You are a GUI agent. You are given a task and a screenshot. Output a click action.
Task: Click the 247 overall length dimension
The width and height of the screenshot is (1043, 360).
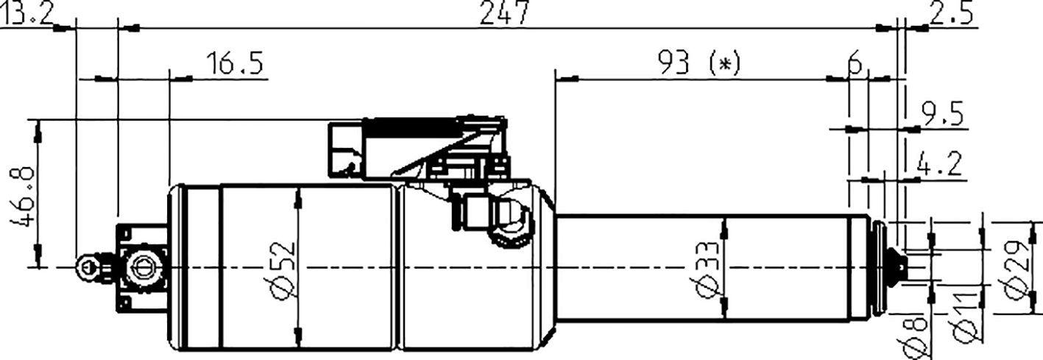click(x=505, y=13)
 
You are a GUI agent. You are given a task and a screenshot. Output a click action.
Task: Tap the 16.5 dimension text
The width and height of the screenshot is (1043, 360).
click(x=233, y=64)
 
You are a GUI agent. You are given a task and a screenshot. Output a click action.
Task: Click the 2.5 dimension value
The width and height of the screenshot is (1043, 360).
click(x=951, y=13)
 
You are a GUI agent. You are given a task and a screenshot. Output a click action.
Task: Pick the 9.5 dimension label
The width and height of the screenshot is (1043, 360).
click(x=942, y=116)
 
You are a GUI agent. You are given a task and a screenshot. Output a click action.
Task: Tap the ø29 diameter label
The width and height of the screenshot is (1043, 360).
click(x=1022, y=270)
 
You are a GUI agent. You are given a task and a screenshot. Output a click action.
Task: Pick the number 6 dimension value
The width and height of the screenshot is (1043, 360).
click(x=855, y=64)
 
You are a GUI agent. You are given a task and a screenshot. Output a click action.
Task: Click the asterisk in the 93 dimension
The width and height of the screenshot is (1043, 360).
click(x=725, y=65)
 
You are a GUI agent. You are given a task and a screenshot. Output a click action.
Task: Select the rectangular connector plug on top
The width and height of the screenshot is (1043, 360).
click(x=346, y=149)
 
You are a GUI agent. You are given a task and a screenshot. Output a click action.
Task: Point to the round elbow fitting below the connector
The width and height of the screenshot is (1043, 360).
click(x=509, y=218)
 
